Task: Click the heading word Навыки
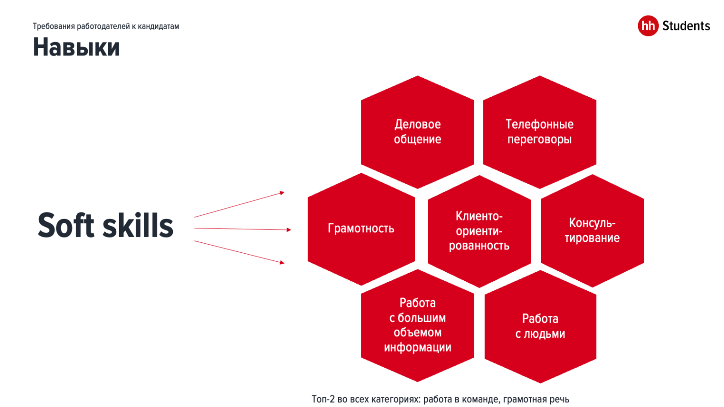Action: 76,48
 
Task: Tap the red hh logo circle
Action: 648,26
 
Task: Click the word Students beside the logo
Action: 686,26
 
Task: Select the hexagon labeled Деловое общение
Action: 417,132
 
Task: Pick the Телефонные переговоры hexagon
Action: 539,132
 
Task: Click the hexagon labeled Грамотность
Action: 361,229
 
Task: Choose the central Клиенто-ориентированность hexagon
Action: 479,231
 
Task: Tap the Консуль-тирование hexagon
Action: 592,231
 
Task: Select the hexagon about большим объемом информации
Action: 417,325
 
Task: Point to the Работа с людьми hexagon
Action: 540,326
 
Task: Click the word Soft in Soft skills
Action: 66,225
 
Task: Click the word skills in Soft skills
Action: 138,225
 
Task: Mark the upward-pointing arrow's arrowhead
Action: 282,193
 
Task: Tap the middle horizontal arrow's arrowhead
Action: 289,230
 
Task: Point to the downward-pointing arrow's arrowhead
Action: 282,262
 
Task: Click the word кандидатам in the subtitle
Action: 158,27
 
